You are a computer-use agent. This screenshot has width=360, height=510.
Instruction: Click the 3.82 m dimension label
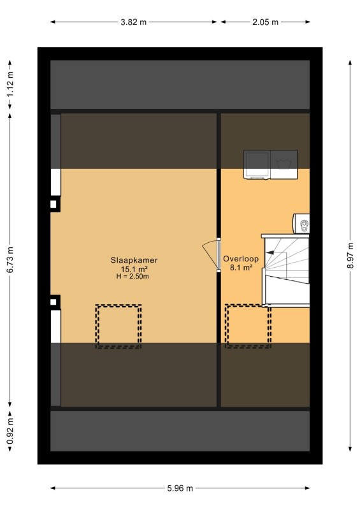pyautogui.click(x=133, y=22)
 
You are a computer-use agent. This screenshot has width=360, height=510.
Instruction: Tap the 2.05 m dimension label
pyautogui.click(x=265, y=22)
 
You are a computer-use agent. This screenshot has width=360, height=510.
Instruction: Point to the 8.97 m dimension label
pyautogui.click(x=350, y=256)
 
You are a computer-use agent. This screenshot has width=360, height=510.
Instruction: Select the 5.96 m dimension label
pyautogui.click(x=180, y=488)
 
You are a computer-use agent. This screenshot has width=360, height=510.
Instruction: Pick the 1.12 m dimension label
pyautogui.click(x=10, y=84)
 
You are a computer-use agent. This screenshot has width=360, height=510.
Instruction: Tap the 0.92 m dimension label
pyautogui.click(x=10, y=431)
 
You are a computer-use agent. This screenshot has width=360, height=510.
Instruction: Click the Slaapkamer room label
pyautogui.click(x=134, y=260)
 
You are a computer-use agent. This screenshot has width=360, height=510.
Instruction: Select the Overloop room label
pyautogui.click(x=241, y=259)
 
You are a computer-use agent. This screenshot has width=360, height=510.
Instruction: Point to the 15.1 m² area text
pyautogui.click(x=134, y=269)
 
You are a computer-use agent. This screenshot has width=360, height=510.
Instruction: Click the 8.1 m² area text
pyautogui.click(x=241, y=268)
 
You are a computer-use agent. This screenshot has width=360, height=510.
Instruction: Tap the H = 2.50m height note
pyautogui.click(x=133, y=277)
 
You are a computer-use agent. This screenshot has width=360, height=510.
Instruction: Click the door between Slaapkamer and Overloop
pyautogui.click(x=219, y=254)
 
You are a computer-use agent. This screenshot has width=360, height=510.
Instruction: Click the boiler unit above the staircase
pyautogui.click(x=301, y=224)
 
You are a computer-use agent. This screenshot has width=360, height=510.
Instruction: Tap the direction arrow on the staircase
pyautogui.click(x=270, y=252)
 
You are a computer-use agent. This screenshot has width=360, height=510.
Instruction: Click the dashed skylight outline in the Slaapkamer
pyautogui.click(x=119, y=326)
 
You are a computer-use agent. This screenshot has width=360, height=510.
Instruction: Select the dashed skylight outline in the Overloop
pyautogui.click(x=248, y=326)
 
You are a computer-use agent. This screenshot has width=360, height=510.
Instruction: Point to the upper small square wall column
pyautogui.click(x=54, y=204)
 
